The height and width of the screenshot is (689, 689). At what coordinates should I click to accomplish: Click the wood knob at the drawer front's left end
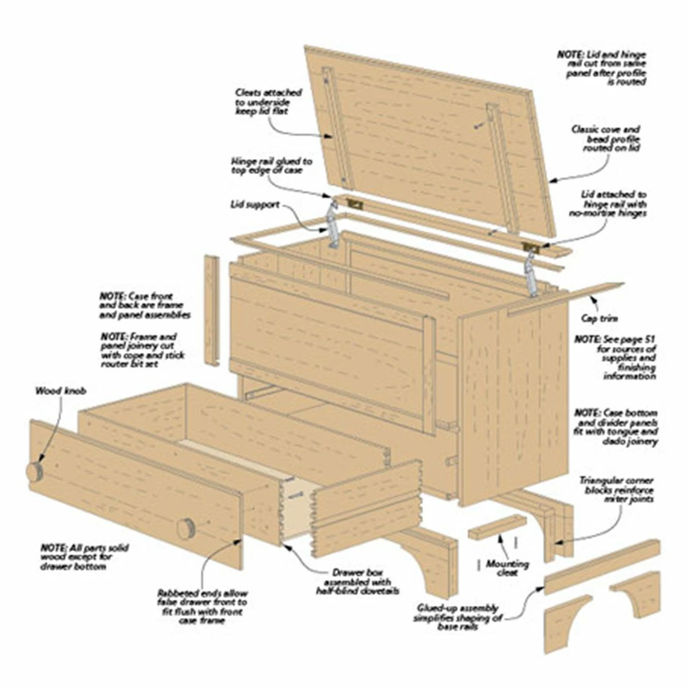pos(35,473)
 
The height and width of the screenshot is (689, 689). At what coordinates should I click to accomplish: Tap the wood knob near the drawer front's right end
pos(185,528)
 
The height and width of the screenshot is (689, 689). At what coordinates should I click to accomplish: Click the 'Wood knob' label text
pos(61,391)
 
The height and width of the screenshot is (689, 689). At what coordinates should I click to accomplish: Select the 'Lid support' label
pos(255,205)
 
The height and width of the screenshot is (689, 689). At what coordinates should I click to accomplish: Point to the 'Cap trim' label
pos(599,319)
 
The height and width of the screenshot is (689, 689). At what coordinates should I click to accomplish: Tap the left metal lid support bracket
pos(333,224)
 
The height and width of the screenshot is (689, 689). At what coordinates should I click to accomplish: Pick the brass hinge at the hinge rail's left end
pos(356,204)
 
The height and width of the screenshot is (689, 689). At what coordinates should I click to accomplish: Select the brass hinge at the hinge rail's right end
pos(531,246)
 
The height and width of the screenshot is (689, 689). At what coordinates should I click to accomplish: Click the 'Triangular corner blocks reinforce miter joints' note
pos(617,490)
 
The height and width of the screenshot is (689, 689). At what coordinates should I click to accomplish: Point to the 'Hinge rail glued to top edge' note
pos(272,165)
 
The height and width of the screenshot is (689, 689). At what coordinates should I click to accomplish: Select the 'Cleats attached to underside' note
pos(268,102)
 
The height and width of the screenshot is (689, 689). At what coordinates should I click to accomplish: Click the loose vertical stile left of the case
pos(212,311)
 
